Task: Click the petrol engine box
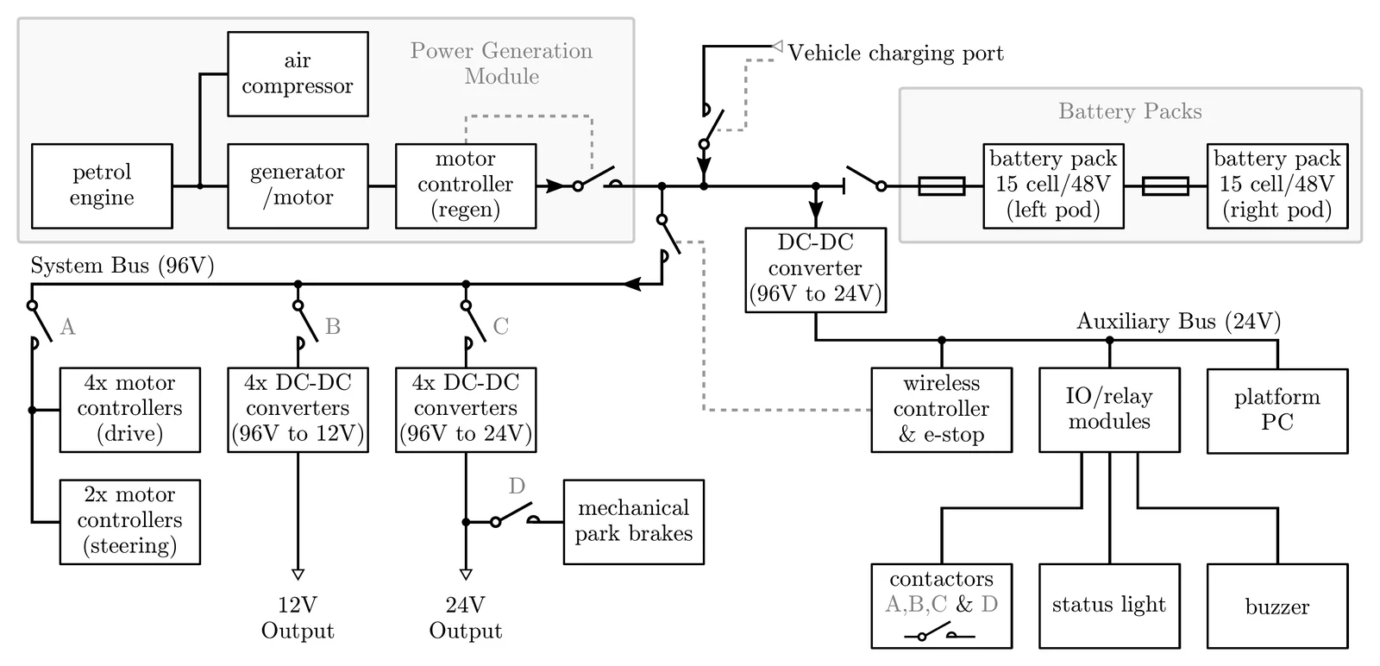pos(102,185)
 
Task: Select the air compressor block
pos(298,74)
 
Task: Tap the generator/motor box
pos(298,185)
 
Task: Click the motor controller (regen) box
pos(466,185)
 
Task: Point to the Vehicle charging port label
pos(895,53)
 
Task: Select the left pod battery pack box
pos(1053,185)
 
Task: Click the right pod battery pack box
pos(1276,185)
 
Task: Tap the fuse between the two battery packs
pos(1165,186)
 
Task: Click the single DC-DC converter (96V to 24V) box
pos(815,269)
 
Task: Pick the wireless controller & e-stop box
pos(941,410)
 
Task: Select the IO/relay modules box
pos(1109,410)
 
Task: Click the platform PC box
pos(1276,411)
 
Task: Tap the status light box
pos(1109,606)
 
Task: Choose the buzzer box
pos(1276,606)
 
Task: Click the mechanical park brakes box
pos(633,521)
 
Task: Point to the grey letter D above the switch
pos(517,487)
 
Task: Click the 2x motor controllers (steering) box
pos(129,521)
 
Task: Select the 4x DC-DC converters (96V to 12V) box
pos(298,410)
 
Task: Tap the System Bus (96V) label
pos(122,266)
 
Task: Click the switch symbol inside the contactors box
pos(939,636)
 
